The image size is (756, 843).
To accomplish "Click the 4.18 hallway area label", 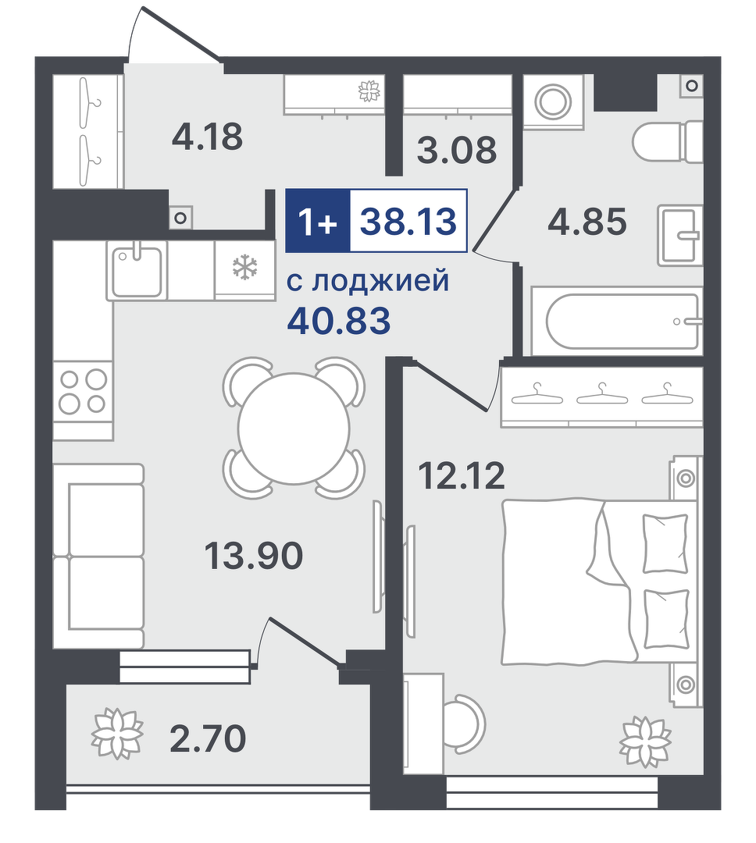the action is tap(207, 137).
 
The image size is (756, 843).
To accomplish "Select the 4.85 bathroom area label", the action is tap(587, 222).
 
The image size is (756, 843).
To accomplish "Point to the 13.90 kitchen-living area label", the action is tap(254, 555).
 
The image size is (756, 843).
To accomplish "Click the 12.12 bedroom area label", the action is tap(462, 475).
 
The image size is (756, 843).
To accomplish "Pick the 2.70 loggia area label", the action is tap(208, 738).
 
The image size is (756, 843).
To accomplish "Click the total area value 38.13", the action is tap(408, 221).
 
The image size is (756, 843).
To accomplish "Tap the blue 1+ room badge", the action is tap(317, 220).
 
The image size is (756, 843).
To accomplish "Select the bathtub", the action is tap(617, 321).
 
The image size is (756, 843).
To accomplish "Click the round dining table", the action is tap(294, 429).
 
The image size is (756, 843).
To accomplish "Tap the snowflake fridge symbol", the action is tap(244, 267).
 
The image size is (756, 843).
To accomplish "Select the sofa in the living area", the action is tap(99, 556).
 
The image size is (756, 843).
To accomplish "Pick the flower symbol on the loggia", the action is tap(118, 734).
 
